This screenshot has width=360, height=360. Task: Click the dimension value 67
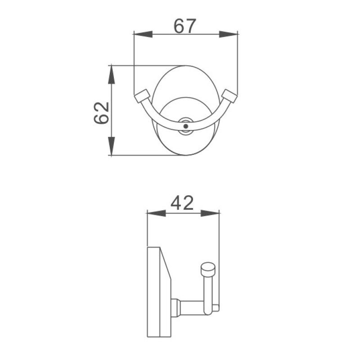pos(185,26)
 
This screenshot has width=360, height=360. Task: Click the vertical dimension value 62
pos(102,112)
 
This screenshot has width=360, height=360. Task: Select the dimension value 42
pos(182,203)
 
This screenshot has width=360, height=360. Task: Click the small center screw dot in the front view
pos(185,127)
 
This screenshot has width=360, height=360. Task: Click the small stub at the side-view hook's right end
pos(216,308)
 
